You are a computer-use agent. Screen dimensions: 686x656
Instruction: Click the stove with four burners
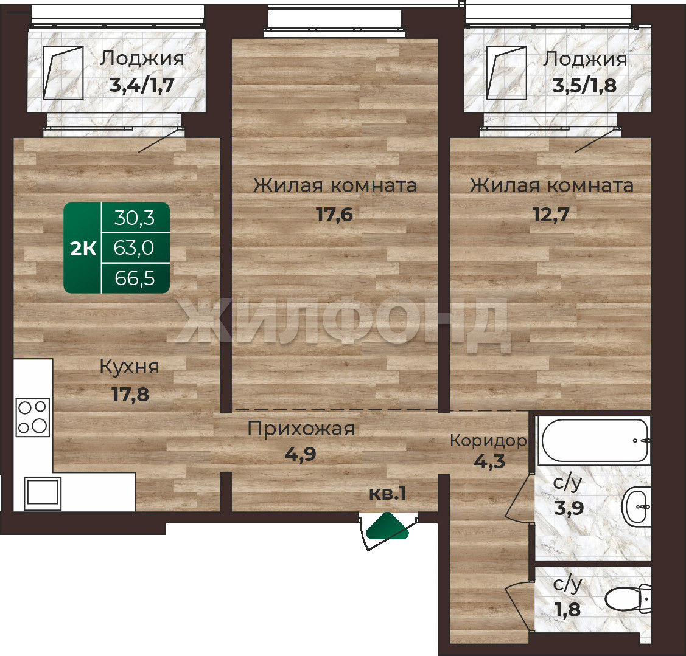point(33,417)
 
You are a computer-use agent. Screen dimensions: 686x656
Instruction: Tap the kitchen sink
point(43,493)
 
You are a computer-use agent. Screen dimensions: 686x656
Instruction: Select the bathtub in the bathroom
point(595,440)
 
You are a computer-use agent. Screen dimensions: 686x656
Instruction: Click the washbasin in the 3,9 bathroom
point(636,508)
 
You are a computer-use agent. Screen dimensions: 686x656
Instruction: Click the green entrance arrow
point(388,527)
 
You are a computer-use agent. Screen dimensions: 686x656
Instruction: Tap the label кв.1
point(388,494)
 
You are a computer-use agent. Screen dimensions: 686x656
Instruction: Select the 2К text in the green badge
point(83,249)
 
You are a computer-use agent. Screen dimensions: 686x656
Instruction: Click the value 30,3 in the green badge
point(135,218)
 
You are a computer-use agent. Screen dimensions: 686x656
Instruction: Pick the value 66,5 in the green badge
point(135,278)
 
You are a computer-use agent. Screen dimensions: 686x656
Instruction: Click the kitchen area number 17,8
point(130,395)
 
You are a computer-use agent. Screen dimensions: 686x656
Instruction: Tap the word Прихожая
point(301,429)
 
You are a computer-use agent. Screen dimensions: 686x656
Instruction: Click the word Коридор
point(488,441)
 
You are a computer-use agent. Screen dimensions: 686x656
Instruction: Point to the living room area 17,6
point(334,215)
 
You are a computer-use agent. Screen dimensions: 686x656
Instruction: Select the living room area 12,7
point(551,215)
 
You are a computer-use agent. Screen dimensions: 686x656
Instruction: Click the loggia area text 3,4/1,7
point(142,85)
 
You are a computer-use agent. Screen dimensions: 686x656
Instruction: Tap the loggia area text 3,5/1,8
point(584,86)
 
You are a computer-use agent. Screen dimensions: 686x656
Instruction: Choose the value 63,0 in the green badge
point(134,248)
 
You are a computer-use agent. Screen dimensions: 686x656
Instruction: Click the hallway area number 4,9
point(300,454)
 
